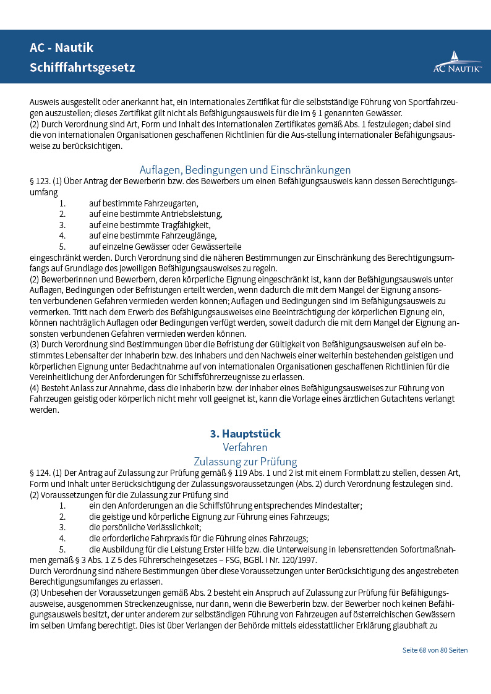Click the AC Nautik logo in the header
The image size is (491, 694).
tap(457, 62)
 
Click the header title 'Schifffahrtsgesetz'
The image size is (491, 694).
tap(82, 67)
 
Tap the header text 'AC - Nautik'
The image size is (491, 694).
tap(62, 48)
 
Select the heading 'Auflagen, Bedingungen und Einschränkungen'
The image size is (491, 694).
tap(245, 170)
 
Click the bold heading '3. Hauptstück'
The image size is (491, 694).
tap(245, 434)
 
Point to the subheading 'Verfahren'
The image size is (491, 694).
tap(245, 447)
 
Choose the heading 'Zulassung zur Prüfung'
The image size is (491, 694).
tap(245, 462)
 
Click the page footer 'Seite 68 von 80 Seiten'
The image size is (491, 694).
tap(435, 650)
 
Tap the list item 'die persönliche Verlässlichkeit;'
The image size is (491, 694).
tap(145, 527)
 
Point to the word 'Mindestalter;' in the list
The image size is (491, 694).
tap(339, 506)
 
